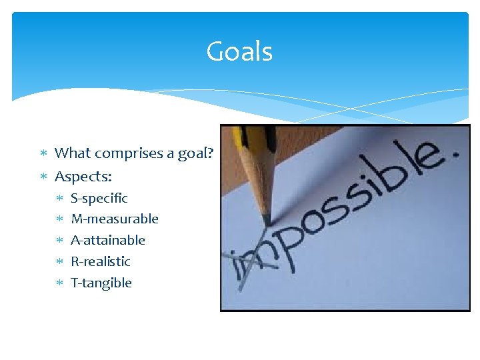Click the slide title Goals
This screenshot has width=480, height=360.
239,51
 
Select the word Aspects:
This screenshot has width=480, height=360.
83,177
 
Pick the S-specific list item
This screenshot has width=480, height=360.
99,198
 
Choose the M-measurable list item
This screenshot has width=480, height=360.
114,219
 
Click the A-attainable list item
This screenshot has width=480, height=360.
107,240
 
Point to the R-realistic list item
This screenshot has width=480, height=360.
100,261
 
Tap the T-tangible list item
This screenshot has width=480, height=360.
101,283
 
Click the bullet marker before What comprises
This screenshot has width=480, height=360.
43,153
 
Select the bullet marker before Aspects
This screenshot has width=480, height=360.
43,177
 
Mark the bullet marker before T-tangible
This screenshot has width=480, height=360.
59,283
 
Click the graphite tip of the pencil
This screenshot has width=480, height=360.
266,221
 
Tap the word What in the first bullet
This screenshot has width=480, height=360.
73,153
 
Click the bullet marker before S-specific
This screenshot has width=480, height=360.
59,198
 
